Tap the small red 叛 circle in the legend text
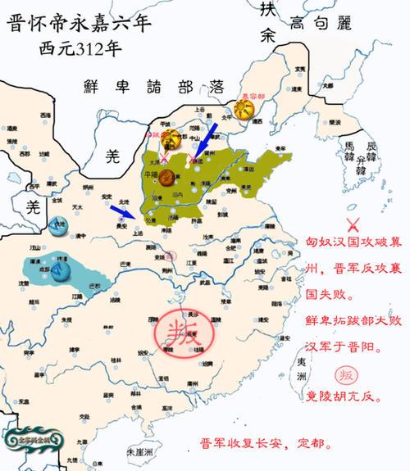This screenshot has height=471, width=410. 346,376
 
